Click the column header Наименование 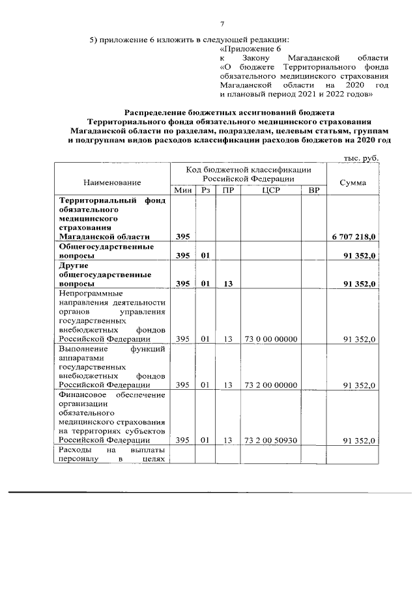112,184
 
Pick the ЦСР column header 270,190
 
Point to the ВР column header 313,190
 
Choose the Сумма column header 352,182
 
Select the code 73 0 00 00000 270,339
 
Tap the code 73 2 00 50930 270,441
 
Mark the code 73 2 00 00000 270,385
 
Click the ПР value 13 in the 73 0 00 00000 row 227,339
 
